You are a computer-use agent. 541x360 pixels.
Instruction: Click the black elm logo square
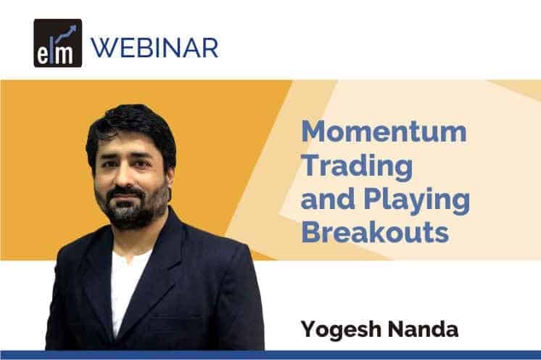pyautogui.click(x=57, y=43)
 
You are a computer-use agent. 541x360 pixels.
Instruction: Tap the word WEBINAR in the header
pyautogui.click(x=154, y=48)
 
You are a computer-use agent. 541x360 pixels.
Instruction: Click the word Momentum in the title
pyautogui.click(x=384, y=131)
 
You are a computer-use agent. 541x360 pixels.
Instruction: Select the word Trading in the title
pyautogui.click(x=357, y=167)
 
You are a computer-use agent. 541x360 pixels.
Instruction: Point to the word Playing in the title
pyautogui.click(x=417, y=200)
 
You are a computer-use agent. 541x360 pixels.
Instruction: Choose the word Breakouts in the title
pyautogui.click(x=375, y=232)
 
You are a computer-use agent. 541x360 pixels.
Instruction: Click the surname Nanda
pyautogui.click(x=424, y=329)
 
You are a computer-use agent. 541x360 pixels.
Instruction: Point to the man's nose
pyautogui.click(x=124, y=176)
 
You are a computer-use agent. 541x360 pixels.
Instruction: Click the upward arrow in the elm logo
pyautogui.click(x=65, y=33)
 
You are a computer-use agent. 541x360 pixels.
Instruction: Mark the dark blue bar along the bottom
pyautogui.click(x=270, y=355)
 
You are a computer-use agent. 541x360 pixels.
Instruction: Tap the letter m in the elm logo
pyautogui.click(x=64, y=56)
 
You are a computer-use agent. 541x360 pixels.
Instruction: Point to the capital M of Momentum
pyautogui.click(x=313, y=131)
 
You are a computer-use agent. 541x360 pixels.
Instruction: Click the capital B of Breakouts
pyautogui.click(x=310, y=232)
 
